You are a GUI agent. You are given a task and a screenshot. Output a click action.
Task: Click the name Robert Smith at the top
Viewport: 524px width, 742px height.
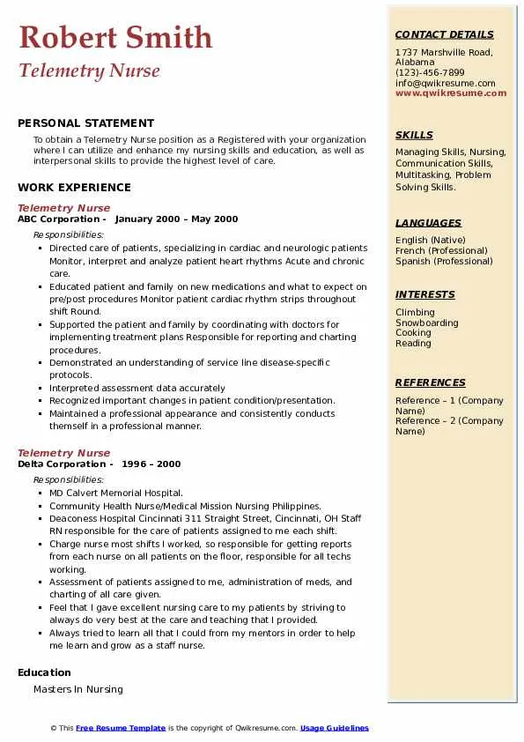115,37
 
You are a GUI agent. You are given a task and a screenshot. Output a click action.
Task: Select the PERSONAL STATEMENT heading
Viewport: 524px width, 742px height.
85,123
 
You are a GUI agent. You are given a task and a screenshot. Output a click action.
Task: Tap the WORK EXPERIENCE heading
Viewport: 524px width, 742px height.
74,188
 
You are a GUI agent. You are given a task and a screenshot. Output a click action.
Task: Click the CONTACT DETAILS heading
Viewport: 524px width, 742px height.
444,34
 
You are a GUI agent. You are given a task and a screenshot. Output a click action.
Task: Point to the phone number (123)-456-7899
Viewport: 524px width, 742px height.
430,73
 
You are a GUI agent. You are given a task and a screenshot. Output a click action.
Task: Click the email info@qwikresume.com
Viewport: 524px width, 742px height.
445,83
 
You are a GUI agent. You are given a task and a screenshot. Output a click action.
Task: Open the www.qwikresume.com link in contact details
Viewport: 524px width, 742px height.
451,93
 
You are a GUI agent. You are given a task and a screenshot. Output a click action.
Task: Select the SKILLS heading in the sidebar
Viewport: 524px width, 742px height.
414,135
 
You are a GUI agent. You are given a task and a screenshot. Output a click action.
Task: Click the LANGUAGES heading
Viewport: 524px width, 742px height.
428,223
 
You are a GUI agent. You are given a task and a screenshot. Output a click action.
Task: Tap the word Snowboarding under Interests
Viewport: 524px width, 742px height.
426,323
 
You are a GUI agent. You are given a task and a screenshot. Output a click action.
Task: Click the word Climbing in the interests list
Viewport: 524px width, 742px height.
415,312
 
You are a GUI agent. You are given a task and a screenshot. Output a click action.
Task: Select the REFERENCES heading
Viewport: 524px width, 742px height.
431,382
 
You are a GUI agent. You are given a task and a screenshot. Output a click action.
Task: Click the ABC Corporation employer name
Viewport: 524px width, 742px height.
59,219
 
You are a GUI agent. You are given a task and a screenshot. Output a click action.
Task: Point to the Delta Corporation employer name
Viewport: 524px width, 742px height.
62,464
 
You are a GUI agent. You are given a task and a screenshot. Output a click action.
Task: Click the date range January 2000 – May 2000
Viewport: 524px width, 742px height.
176,219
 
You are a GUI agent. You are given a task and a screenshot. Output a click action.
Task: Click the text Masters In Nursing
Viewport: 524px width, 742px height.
78,689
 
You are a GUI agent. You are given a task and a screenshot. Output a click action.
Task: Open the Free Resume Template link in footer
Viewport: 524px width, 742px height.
121,728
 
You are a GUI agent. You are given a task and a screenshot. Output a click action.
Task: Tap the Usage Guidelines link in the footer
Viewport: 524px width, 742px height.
335,728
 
